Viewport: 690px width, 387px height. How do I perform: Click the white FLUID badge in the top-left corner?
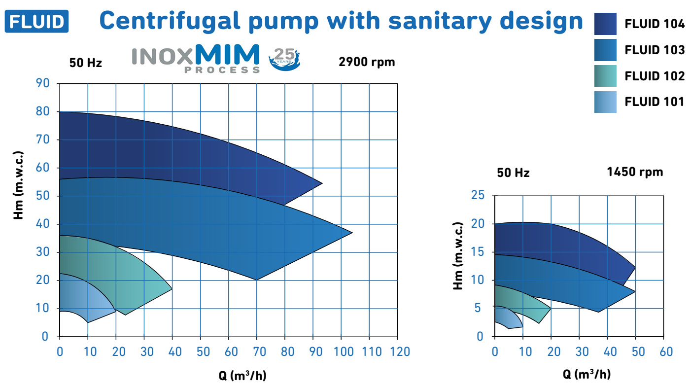(36, 21)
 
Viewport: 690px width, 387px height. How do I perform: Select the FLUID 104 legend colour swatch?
(605, 24)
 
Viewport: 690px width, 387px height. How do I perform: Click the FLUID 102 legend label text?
(655, 76)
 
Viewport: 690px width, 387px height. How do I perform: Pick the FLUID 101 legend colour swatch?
(605, 102)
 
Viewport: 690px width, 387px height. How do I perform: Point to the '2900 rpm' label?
(367, 62)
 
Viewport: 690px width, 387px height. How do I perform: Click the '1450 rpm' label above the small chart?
(635, 172)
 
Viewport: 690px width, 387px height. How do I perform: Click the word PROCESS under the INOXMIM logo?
(222, 70)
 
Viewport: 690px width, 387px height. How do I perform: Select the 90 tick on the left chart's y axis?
(43, 83)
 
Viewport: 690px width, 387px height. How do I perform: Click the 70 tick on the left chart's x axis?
(257, 352)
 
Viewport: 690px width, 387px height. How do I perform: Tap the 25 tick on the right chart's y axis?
(477, 196)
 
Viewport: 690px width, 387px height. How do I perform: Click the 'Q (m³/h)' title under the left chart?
(242, 376)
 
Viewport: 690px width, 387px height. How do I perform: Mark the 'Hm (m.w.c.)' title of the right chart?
(458, 257)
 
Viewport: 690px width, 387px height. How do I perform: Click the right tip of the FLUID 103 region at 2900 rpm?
(351, 233)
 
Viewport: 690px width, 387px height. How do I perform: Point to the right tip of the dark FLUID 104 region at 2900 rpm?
(321, 183)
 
